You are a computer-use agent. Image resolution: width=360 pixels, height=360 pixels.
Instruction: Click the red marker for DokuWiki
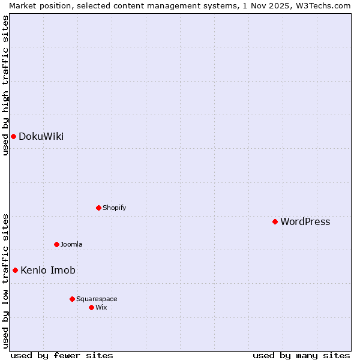point(13,136)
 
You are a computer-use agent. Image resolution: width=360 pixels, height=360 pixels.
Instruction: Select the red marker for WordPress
point(275,221)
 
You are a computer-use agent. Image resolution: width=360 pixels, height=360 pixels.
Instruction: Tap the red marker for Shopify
point(98,208)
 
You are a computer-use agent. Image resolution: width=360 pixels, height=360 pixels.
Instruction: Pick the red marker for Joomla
point(56,244)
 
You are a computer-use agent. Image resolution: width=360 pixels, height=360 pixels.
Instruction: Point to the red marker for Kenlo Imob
point(15,270)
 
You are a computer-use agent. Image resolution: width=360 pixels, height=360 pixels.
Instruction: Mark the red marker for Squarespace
point(72,299)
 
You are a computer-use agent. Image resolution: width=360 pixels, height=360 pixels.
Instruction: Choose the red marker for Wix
point(91,307)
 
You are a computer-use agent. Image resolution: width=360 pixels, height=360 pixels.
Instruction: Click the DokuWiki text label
point(41,136)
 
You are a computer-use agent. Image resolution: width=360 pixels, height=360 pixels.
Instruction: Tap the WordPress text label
point(305,221)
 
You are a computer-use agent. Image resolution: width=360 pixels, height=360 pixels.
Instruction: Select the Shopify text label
point(114,208)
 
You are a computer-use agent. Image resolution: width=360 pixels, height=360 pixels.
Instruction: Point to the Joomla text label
point(71,244)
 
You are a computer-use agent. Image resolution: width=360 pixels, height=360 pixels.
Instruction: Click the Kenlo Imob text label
point(48,270)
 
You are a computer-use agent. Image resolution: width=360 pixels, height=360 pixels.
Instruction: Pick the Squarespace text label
point(97,299)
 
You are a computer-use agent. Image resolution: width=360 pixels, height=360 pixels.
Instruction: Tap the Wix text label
point(101,307)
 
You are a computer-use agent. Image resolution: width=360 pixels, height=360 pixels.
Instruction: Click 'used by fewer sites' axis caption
point(62,355)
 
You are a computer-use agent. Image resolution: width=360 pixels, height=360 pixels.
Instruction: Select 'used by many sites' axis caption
point(301,355)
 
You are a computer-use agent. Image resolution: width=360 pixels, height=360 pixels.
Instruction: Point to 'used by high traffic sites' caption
point(5,85)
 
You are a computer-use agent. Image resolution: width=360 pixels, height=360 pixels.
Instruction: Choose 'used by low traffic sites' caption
point(5,280)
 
